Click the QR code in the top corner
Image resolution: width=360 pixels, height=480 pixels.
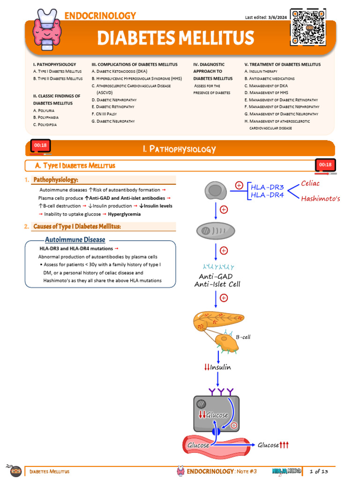pos(307,27)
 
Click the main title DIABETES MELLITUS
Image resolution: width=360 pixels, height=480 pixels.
pos(175,38)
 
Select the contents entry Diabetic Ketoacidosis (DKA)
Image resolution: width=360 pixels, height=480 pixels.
pos(119,71)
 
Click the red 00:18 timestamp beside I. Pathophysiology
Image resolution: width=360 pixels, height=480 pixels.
pos(40,145)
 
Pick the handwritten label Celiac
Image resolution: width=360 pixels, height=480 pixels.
pos(310,183)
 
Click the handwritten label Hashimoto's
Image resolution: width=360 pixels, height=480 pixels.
pos(320,198)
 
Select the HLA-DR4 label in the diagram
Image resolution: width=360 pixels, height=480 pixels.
pos(267,195)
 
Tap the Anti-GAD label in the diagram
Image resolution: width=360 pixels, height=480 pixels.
pos(216,277)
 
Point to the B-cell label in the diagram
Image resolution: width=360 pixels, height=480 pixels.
pos(243,337)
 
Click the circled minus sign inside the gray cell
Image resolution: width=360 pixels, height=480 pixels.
pos(234,426)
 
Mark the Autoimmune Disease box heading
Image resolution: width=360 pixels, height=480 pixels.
pos(75,240)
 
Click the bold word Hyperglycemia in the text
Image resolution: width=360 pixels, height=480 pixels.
pos(124,214)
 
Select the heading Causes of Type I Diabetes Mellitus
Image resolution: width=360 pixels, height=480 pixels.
pos(77,226)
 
